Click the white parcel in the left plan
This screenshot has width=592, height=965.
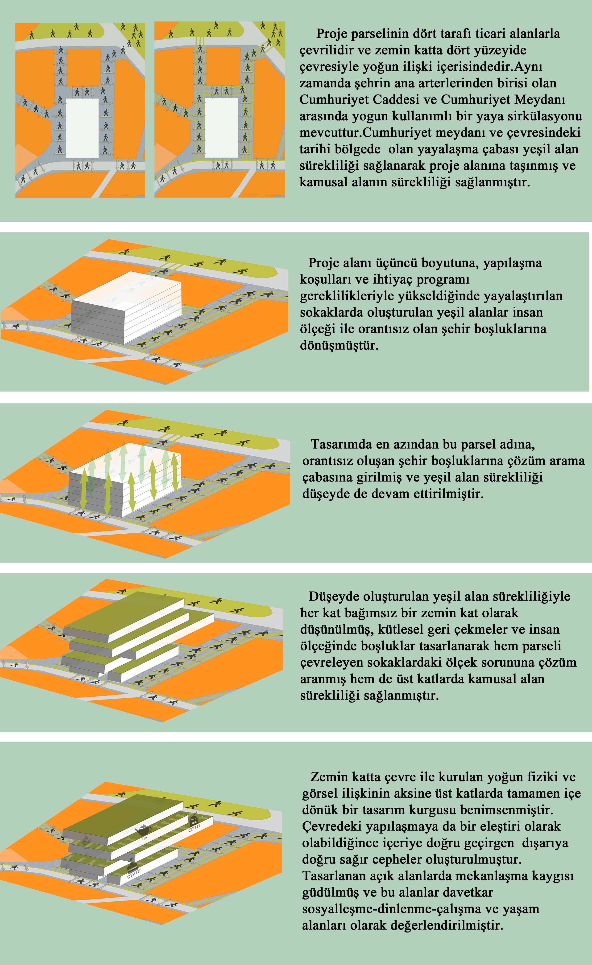pos(82,128)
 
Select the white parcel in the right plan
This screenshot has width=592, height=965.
pos(221,127)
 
